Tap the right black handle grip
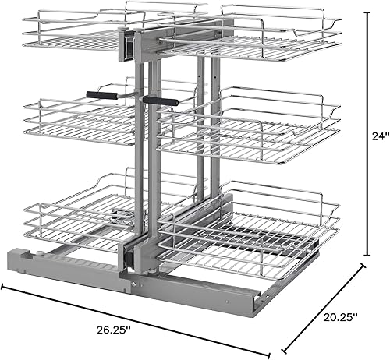click(x=160, y=101)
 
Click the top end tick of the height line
click(x=368, y=10)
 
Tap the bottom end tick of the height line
click(x=368, y=256)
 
